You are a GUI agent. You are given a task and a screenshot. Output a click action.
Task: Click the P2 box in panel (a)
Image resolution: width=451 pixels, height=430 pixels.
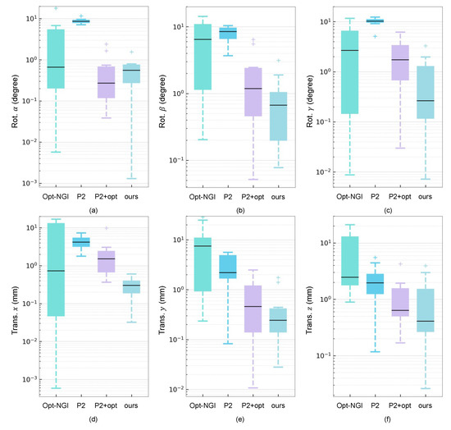(81, 21)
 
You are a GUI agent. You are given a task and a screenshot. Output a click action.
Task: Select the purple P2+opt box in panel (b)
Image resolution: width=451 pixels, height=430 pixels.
(253, 92)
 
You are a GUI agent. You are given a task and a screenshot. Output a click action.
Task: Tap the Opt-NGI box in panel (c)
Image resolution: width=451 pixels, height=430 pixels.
(350, 72)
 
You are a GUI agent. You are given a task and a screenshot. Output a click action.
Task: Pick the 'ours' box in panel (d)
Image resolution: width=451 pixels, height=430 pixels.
(131, 287)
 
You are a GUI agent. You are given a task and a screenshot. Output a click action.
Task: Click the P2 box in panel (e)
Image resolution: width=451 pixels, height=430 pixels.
(228, 267)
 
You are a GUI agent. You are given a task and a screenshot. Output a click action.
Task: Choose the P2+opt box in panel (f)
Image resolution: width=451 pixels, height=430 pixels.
(400, 302)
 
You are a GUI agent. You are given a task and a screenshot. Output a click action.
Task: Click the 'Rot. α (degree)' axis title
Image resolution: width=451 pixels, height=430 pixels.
(15, 101)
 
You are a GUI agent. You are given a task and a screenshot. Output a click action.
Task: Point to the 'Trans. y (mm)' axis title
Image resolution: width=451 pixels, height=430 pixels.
(162, 310)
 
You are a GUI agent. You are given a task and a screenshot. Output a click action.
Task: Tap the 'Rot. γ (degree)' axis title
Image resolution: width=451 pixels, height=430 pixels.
(309, 101)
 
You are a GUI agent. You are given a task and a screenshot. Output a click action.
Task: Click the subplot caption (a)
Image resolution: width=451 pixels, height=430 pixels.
(93, 210)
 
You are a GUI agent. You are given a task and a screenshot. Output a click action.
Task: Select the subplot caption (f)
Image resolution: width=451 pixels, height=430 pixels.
(387, 419)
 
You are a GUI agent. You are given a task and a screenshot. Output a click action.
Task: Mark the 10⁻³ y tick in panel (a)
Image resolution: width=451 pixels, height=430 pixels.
(30, 183)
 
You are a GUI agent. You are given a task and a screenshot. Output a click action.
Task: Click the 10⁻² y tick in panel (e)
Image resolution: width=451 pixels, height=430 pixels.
(176, 389)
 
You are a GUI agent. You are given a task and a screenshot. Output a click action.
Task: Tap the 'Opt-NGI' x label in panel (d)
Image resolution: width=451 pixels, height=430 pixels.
(56, 405)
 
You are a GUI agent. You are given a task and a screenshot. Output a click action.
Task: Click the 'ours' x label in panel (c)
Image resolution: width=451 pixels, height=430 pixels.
(425, 197)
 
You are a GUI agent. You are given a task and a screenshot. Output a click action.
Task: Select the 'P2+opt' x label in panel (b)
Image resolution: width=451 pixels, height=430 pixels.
(253, 197)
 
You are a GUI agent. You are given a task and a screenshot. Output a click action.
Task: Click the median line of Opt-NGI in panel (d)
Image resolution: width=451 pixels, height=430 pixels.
(56, 271)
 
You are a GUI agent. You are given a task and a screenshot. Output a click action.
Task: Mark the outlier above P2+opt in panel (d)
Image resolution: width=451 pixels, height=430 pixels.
(107, 228)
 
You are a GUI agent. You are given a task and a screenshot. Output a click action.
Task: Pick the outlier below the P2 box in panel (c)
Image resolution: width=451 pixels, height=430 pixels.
(375, 37)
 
